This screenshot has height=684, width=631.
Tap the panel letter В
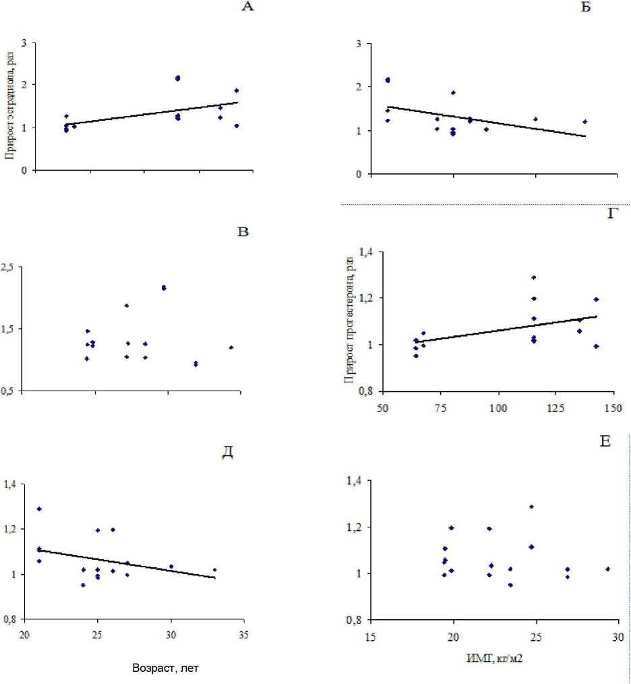click(x=244, y=233)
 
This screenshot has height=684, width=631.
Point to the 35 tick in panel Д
click(x=243, y=635)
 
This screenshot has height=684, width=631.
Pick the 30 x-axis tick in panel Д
click(x=171, y=635)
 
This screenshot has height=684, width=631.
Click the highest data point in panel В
click(x=164, y=288)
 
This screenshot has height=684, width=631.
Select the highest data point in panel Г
click(x=533, y=277)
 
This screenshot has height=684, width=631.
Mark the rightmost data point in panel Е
click(x=608, y=569)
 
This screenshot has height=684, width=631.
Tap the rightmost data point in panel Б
click(x=585, y=121)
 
